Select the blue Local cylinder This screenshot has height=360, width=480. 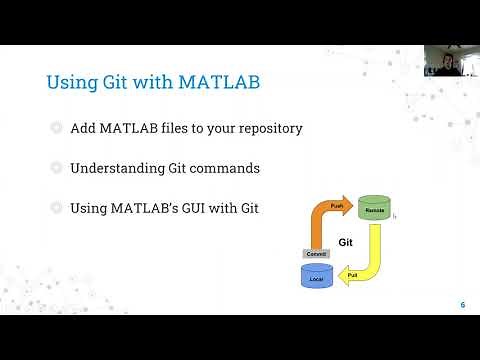click(x=316, y=276)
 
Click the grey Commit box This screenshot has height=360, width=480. click(x=316, y=254)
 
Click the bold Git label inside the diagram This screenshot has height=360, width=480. click(x=345, y=242)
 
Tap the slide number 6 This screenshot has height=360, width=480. click(x=462, y=305)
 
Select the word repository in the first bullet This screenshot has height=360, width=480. click(x=264, y=129)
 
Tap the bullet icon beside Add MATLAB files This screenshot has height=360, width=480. click(x=54, y=129)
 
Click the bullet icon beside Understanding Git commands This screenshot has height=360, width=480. click(x=54, y=168)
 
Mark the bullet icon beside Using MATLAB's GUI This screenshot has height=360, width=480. click(x=54, y=208)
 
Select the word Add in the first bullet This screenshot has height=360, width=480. click(x=83, y=129)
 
